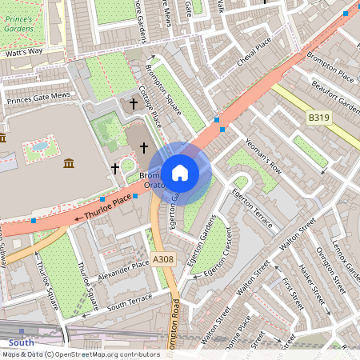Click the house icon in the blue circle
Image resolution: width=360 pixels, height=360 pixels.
(x=180, y=172)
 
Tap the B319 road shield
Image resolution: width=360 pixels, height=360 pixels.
(x=318, y=118)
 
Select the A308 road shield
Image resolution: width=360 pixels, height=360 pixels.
(x=162, y=259)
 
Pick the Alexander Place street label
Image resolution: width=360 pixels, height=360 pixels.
(x=118, y=267)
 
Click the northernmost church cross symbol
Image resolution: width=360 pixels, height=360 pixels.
(x=134, y=103)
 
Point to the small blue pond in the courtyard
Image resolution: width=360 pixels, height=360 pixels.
(x=37, y=147)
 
